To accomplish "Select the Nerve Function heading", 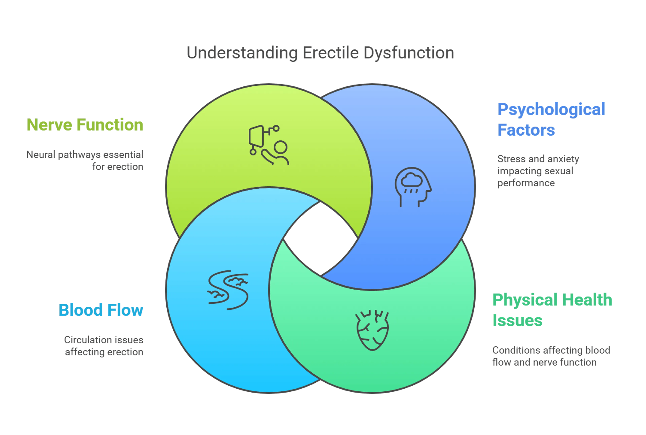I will pyautogui.click(x=85, y=125).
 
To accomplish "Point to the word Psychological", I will pyautogui.click(x=551, y=109).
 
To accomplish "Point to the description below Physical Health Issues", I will pyautogui.click(x=551, y=357).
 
